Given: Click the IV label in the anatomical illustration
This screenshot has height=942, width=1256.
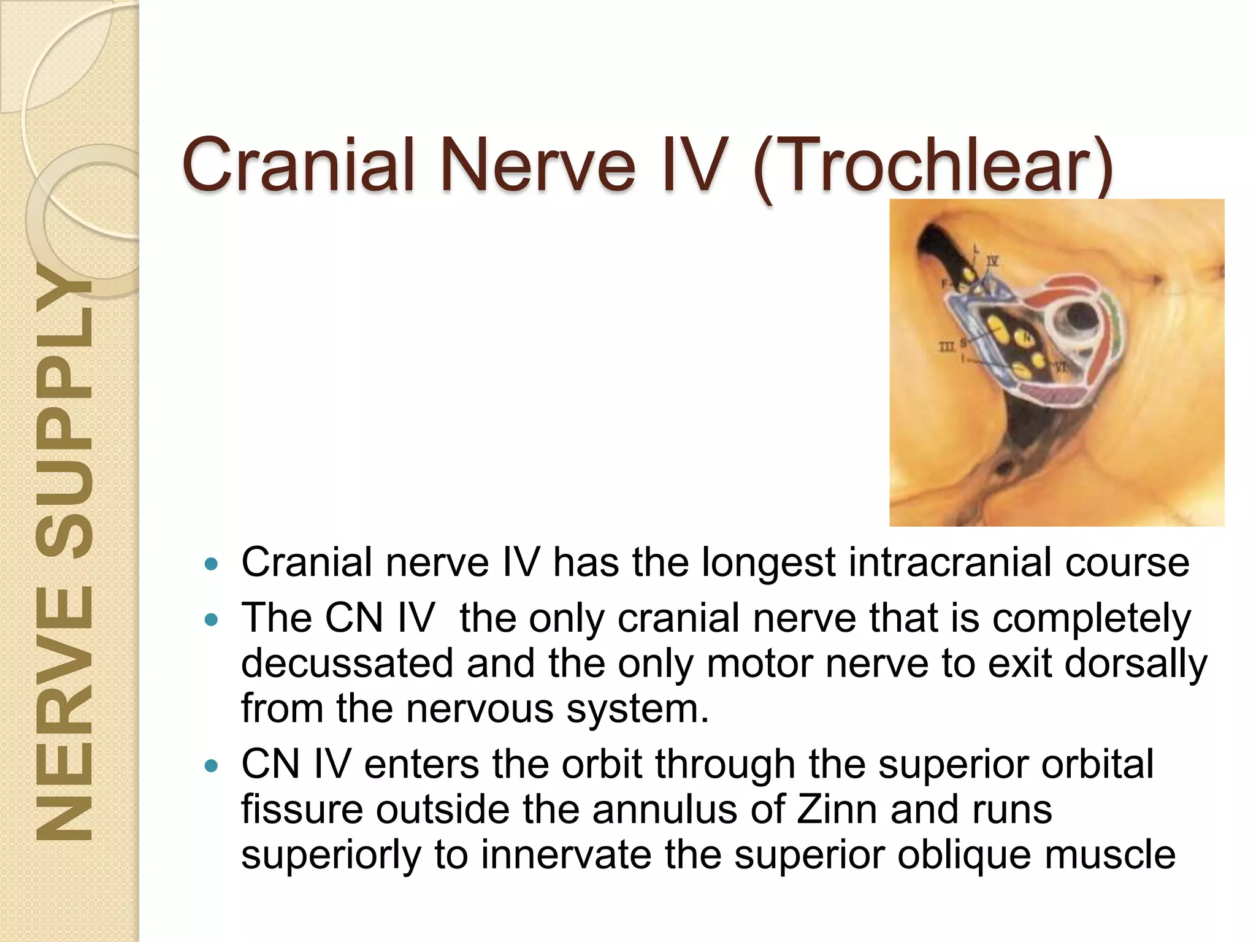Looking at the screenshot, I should point(992,262).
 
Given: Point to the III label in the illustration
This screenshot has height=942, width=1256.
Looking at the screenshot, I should point(946,348).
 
